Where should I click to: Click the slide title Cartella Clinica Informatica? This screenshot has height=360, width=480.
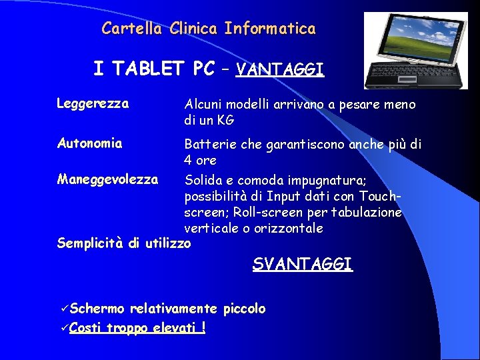209,29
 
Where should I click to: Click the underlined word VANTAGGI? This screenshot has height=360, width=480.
280,69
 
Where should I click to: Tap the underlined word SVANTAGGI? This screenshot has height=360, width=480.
302,264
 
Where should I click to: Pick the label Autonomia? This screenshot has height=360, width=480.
89,143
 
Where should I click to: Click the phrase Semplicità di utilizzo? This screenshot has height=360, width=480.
124,243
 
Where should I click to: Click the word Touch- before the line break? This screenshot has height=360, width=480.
379,197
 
